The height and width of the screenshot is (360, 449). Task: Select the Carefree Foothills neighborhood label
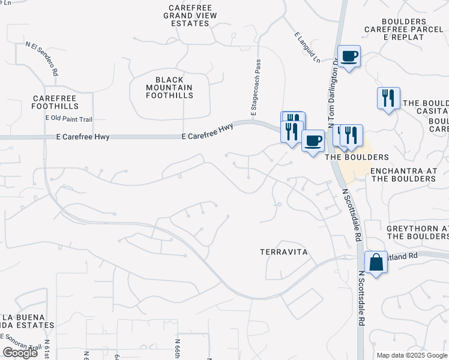[x=57, y=102]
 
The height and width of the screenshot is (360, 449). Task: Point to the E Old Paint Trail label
[x=70, y=118]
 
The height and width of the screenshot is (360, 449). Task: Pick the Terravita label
[x=284, y=253]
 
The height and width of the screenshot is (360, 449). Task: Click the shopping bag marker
[x=376, y=262]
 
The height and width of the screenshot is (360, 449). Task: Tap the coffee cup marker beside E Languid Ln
[x=349, y=56]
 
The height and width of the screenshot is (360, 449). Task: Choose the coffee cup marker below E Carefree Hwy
[x=312, y=141]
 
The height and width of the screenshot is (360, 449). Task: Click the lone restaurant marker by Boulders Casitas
[x=388, y=98]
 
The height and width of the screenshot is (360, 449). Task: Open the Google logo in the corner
[x=20, y=353]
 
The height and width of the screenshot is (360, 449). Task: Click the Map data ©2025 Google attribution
[x=412, y=355]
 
